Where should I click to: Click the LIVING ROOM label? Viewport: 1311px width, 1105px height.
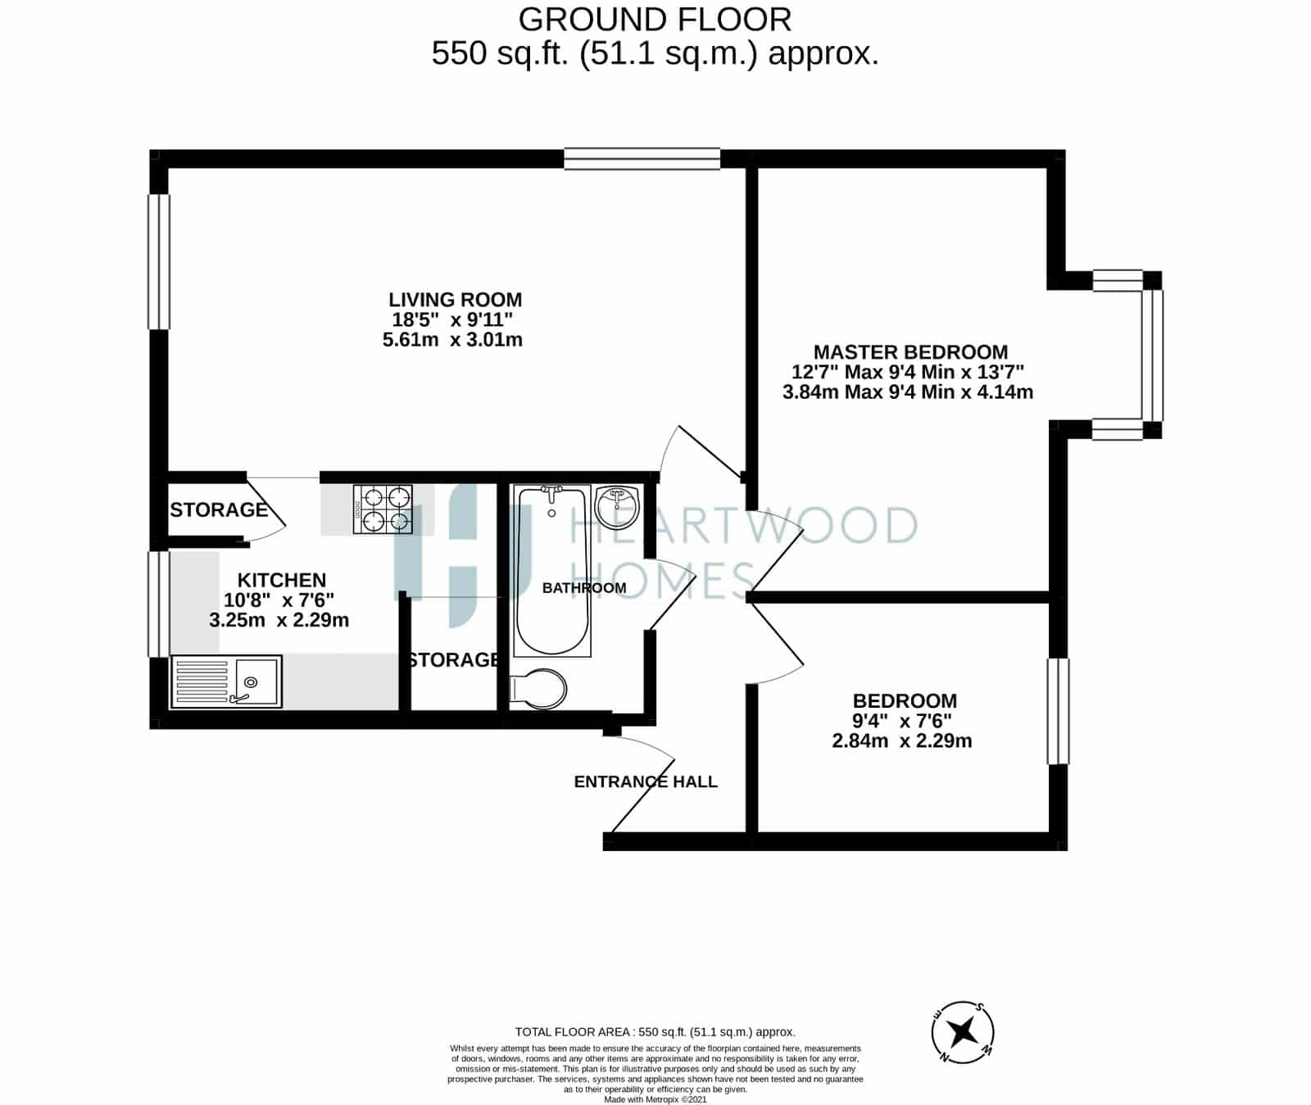pyautogui.click(x=455, y=300)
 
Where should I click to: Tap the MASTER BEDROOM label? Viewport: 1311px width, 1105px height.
pyautogui.click(x=910, y=352)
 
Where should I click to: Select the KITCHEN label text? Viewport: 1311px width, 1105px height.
pyautogui.click(x=282, y=581)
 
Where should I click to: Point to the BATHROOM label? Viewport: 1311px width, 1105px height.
pyautogui.click(x=584, y=588)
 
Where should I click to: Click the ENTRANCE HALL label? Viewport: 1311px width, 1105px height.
pyautogui.click(x=646, y=782)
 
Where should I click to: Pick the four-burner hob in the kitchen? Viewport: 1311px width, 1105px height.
pyautogui.click(x=383, y=509)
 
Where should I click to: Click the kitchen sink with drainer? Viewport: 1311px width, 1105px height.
pyautogui.click(x=226, y=682)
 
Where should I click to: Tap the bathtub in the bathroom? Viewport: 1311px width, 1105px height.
pyautogui.click(x=552, y=570)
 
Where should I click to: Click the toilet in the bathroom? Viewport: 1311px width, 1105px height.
pyautogui.click(x=538, y=690)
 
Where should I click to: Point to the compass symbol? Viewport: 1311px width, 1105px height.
pyautogui.click(x=964, y=1031)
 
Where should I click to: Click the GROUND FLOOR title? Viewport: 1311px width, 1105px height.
pyautogui.click(x=655, y=19)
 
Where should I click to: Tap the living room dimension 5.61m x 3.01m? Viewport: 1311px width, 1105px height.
pyautogui.click(x=452, y=339)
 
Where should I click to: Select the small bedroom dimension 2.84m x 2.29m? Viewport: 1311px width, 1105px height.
pyautogui.click(x=902, y=741)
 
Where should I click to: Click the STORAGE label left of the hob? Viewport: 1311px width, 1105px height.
pyautogui.click(x=219, y=509)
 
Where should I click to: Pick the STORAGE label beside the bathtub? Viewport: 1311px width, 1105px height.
pyautogui.click(x=454, y=659)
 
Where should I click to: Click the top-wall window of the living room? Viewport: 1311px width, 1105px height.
pyautogui.click(x=642, y=159)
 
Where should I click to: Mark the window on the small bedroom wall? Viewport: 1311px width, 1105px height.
pyautogui.click(x=1058, y=711)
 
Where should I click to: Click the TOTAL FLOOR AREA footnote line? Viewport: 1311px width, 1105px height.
pyautogui.click(x=655, y=1032)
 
